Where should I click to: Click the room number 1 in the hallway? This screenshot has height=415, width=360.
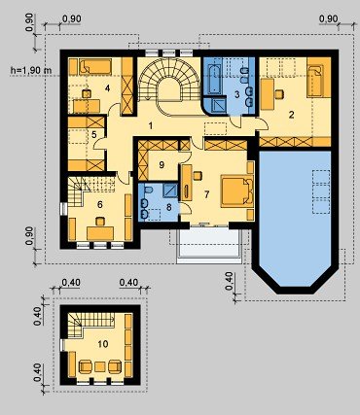pos(151,125)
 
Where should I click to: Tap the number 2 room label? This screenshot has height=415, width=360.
pos(292,115)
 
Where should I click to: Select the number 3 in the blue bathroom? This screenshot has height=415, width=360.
pos(237,94)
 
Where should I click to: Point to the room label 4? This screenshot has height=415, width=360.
pos(108,87)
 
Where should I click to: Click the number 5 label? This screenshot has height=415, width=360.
pos(94,135)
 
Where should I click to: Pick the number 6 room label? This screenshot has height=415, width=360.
pos(100,204)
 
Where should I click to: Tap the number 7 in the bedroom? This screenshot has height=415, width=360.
pos(207,194)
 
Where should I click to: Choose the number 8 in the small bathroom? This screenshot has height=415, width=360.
pos(168,207)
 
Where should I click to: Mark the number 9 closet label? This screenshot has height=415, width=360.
pos(162,165)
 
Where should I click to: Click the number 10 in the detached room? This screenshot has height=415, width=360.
pos(103,344)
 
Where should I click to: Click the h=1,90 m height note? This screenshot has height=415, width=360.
pos(30,70)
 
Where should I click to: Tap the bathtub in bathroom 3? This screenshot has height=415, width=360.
pos(214,80)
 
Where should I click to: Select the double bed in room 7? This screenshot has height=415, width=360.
pos(237,191)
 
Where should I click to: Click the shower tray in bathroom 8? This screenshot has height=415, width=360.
pos(170,190)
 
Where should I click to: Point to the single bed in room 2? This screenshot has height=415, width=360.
pos(319,77)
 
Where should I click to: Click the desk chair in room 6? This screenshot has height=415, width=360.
pos(100,222)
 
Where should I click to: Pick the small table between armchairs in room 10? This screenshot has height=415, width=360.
pos(100,367)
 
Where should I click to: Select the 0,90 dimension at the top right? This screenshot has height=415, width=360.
pos(328,19)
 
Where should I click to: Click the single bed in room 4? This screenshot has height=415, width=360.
pos(95,67)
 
